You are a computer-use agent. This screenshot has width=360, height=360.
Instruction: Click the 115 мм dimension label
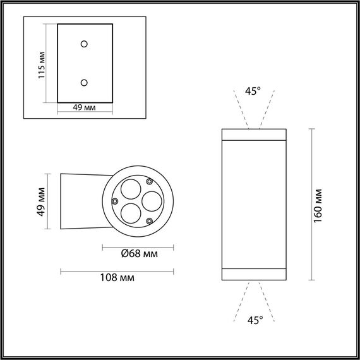(41, 63)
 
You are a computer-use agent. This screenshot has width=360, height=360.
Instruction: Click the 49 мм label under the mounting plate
(84, 108)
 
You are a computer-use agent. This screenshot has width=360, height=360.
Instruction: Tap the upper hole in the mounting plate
(84, 43)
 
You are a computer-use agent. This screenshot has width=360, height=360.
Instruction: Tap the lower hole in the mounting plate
(84, 81)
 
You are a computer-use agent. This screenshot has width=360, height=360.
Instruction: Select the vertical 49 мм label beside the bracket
(41, 201)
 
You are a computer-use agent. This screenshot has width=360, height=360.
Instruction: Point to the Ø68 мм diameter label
(138, 255)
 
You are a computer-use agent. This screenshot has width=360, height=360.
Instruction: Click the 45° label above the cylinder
(253, 92)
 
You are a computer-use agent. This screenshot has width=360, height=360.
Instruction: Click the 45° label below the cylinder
(255, 320)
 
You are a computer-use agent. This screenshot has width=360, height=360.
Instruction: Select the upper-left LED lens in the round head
(129, 189)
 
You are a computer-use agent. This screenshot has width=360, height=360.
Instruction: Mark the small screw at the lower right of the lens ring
(149, 220)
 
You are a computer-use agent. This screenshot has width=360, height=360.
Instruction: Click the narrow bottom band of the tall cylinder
(253, 273)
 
